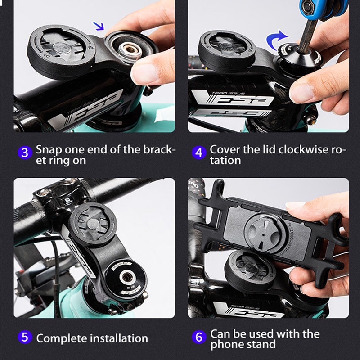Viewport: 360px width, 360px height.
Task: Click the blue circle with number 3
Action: pos(25,153)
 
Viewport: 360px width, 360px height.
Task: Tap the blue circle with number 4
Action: pos(199,153)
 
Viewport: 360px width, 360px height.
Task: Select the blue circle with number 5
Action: pos(25,337)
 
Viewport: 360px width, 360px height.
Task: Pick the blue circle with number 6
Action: pos(199,337)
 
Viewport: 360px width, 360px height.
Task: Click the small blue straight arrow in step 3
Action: pos(98,26)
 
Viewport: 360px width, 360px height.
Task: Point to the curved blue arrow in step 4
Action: pos(275,40)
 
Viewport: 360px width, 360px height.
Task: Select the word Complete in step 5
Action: pos(62,339)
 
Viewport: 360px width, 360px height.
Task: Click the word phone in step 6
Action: pos(226,345)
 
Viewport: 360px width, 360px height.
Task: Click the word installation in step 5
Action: pos(119,338)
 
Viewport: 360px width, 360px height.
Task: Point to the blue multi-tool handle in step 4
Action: pos(324,8)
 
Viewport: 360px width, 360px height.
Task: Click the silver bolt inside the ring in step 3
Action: pos(130,50)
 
